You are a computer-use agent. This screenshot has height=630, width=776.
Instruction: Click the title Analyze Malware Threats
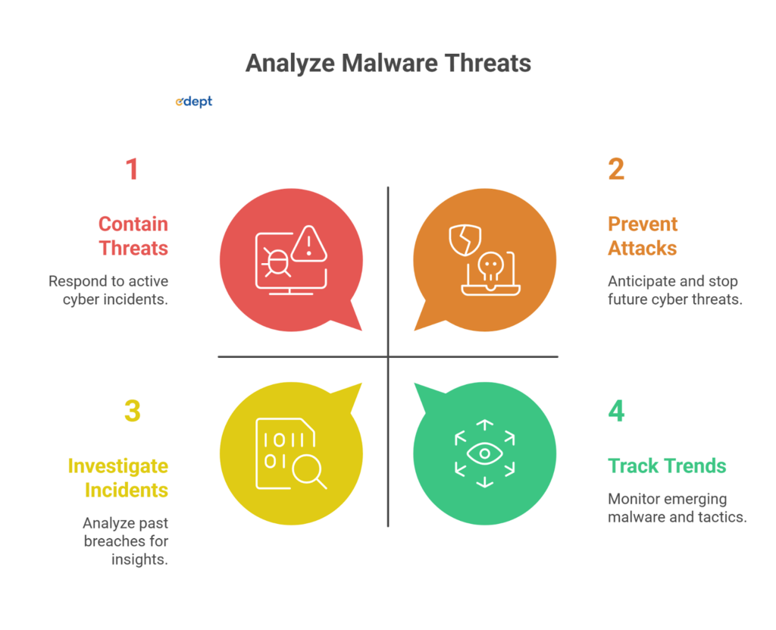(x=388, y=63)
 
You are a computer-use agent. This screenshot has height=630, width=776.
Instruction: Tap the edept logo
(x=193, y=102)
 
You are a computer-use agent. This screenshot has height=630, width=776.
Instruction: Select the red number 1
(x=132, y=169)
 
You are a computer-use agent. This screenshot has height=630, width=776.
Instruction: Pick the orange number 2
(x=616, y=169)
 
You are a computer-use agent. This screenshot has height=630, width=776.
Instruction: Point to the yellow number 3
(x=132, y=411)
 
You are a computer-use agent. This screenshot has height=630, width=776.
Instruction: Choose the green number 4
(x=616, y=411)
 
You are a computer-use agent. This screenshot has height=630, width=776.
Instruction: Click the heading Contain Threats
(x=133, y=236)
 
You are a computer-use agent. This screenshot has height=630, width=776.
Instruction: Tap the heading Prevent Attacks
(x=643, y=236)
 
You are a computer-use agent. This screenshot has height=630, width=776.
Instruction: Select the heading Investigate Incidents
(x=118, y=478)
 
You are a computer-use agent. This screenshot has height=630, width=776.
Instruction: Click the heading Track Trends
(x=667, y=465)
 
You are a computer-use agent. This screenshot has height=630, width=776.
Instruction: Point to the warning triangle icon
(x=309, y=243)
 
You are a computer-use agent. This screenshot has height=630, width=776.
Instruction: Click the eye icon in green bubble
(x=484, y=454)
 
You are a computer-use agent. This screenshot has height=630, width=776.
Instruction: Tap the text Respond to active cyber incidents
(x=108, y=290)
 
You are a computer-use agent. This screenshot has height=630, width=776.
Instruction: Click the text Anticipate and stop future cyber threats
(x=674, y=290)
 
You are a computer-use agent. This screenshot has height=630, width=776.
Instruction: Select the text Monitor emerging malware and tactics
(x=677, y=508)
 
